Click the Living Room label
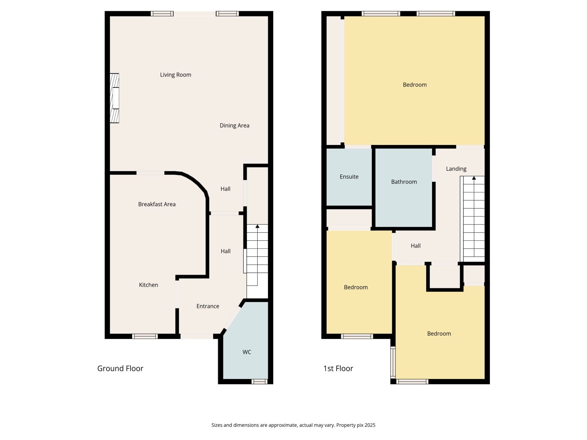pos(175,75)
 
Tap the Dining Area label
pos(234,125)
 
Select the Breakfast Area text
pos(157,204)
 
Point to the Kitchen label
pos(148,285)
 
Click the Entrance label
pos(207,306)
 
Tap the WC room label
pos(247,352)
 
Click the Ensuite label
pos(349,177)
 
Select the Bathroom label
pos(404,182)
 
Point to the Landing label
pos(456,169)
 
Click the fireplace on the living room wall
pos(114,98)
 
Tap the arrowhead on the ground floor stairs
pos(257,226)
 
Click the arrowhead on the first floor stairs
pos(474,178)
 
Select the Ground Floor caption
pos(120,368)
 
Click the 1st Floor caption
pos(338,368)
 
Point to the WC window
pos(259,382)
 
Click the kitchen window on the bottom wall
pos(145,336)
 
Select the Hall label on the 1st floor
pos(416,246)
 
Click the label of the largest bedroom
pos(415,85)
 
